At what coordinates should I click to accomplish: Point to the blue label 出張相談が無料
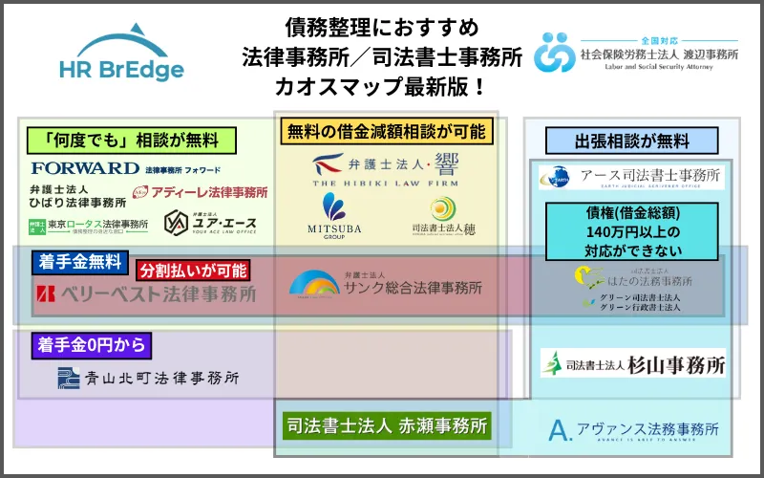click(x=631, y=141)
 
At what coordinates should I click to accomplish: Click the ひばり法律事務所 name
click(x=77, y=196)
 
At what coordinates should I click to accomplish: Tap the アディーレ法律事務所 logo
click(x=200, y=192)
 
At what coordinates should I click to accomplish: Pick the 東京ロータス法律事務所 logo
click(x=88, y=227)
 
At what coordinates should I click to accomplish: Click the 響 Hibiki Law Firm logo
click(x=385, y=171)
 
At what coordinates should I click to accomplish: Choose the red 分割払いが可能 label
click(x=194, y=271)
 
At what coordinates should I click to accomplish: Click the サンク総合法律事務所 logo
click(x=385, y=284)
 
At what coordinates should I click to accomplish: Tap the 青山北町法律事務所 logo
click(x=147, y=378)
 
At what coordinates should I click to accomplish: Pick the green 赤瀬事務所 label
click(x=387, y=424)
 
